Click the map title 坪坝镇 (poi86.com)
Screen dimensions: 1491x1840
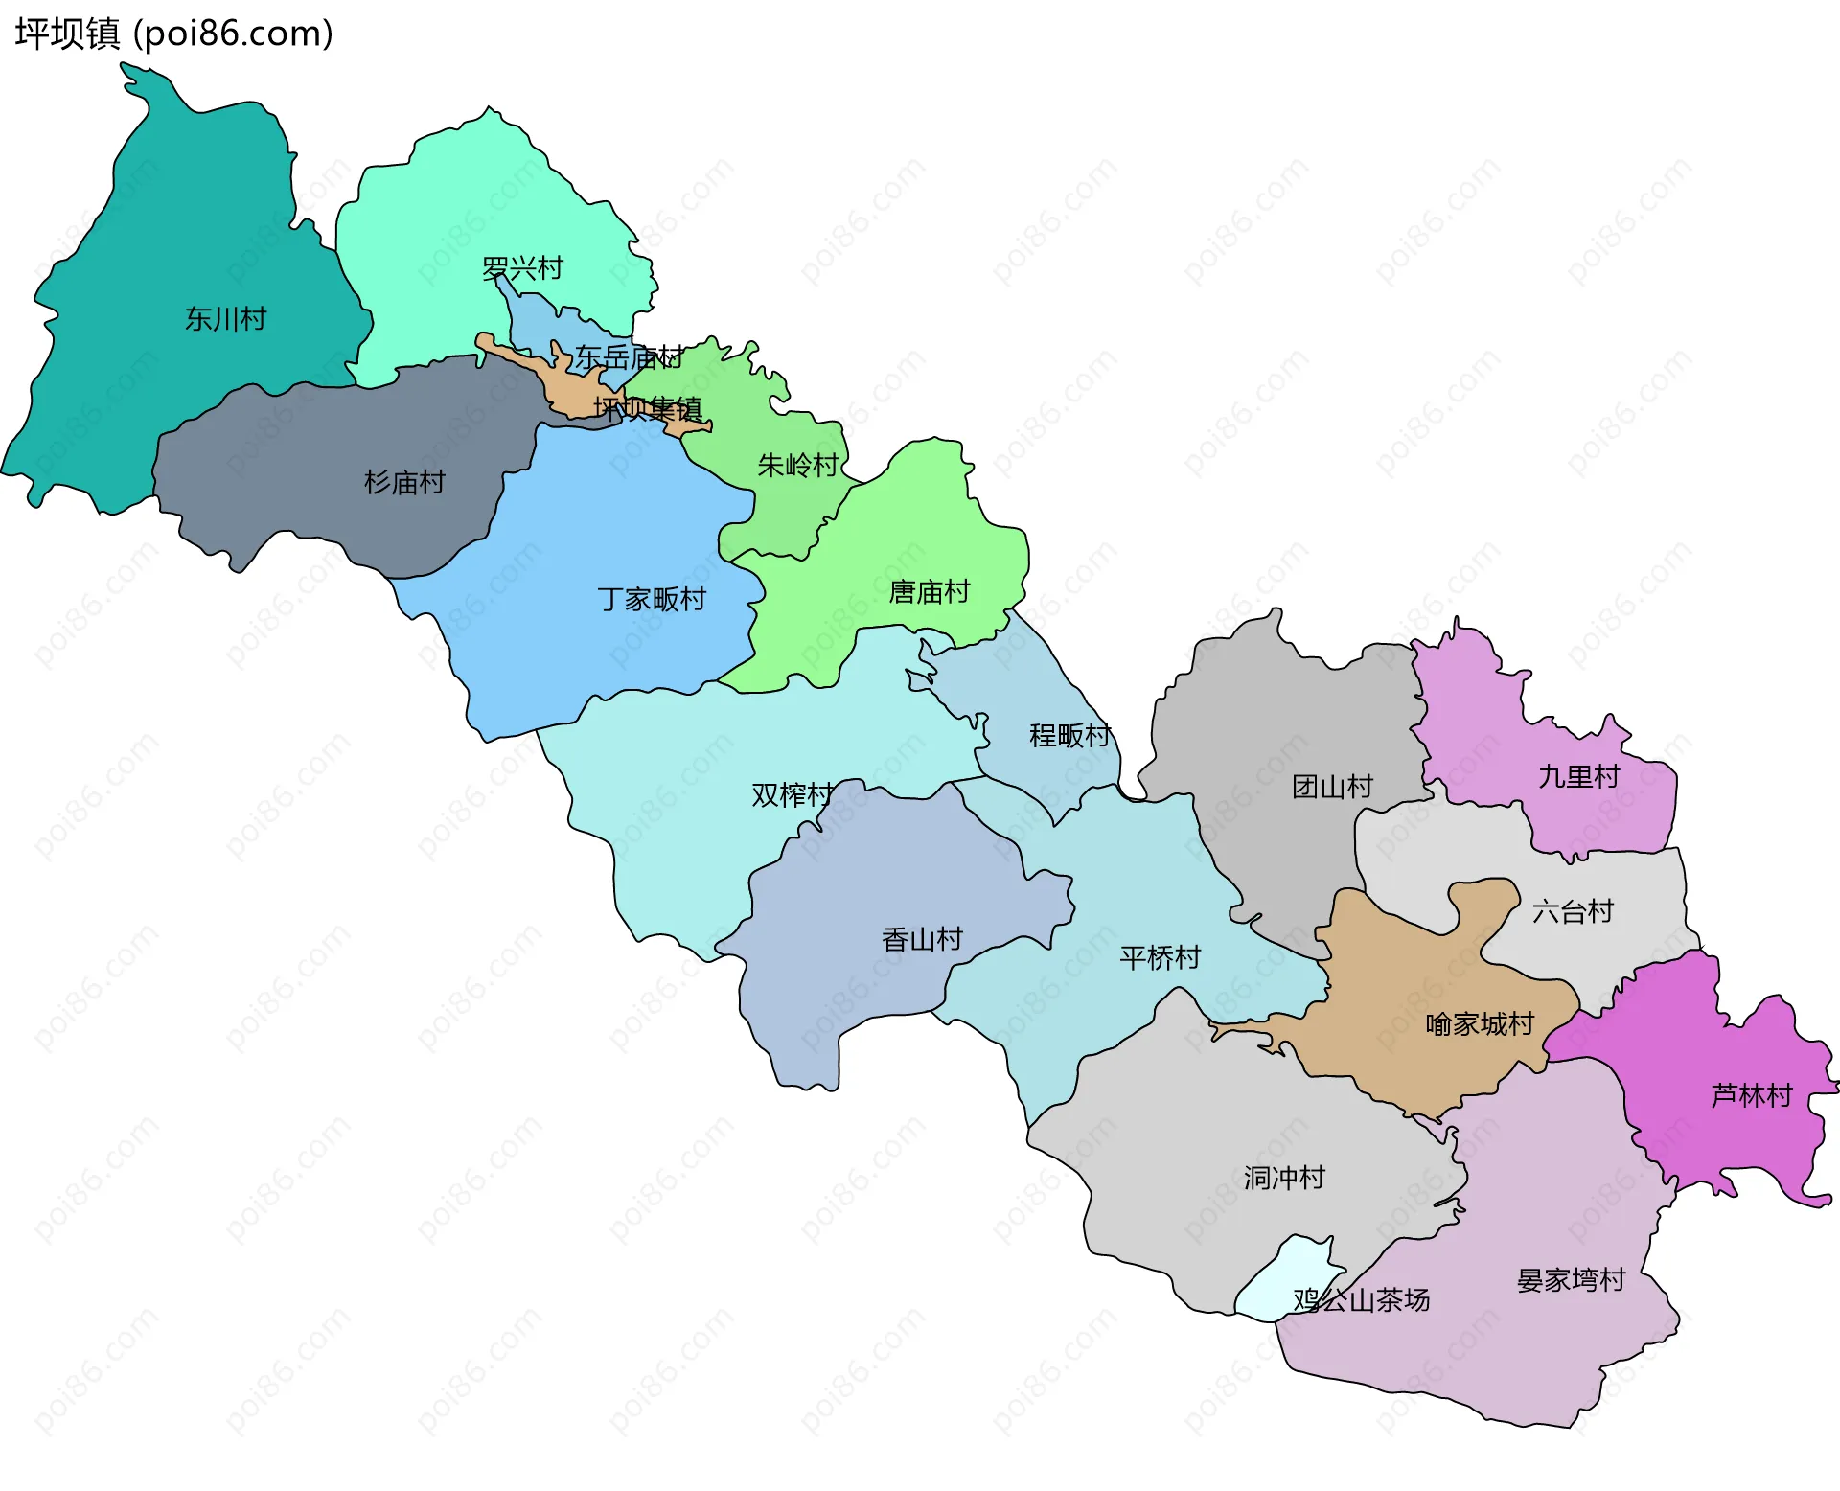(173, 34)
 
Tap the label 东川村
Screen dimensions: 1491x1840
(225, 319)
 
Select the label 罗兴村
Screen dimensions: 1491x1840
(522, 268)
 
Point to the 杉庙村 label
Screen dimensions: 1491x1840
(404, 482)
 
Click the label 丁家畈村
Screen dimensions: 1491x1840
(652, 599)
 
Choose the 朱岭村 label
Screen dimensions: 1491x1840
(797, 466)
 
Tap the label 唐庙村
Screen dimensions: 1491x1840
(930, 592)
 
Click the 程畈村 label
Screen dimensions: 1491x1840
(1069, 735)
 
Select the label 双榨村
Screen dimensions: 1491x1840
(792, 794)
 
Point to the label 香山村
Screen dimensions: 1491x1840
(922, 939)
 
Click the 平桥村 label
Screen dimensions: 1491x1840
(1160, 957)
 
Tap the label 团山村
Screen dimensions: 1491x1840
(1332, 787)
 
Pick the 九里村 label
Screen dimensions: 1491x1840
(1578, 776)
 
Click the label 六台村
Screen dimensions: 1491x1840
(1573, 911)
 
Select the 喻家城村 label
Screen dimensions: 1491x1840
(1480, 1024)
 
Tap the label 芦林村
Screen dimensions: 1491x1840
(1751, 1095)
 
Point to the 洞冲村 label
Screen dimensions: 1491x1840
(1284, 1178)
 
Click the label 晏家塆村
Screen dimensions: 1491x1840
(1571, 1280)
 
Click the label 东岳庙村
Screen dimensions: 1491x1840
(629, 357)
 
